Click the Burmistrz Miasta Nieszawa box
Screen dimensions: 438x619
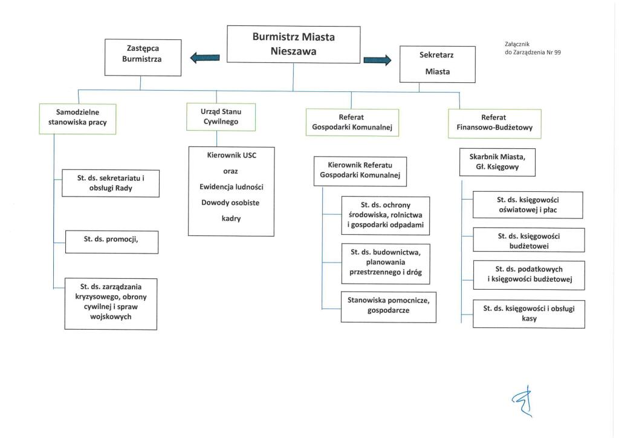tap(293, 44)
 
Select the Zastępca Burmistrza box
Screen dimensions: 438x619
tap(143, 57)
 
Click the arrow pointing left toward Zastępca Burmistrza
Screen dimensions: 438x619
tap(204, 58)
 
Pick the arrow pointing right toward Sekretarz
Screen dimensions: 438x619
tap(377, 59)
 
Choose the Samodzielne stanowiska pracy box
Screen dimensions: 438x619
tap(77, 119)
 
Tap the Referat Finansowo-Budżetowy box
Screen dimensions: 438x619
tap(494, 123)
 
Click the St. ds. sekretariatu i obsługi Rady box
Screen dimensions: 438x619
tap(111, 183)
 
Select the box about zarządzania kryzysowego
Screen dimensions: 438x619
tap(111, 303)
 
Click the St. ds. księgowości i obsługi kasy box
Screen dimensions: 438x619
tap(528, 313)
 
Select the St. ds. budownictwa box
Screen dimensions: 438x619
tap(385, 263)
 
